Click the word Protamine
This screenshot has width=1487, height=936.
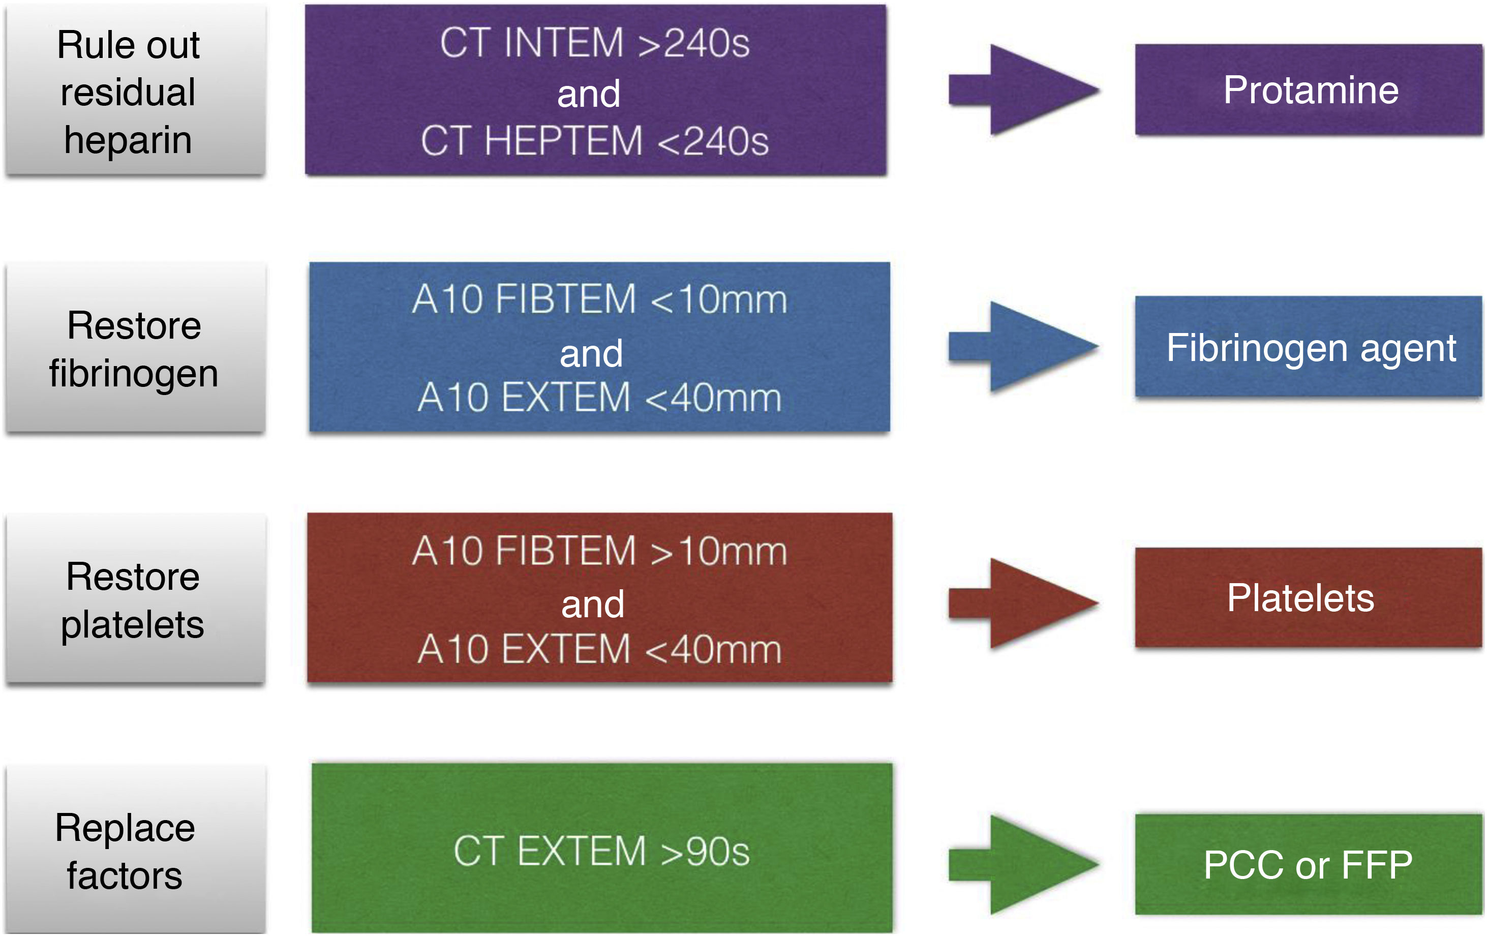(1311, 90)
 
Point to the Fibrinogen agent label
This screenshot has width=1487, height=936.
(1311, 348)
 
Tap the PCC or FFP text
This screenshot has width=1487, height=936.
(1308, 864)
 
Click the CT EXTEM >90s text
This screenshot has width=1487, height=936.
(601, 851)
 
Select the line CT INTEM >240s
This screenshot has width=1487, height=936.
(595, 43)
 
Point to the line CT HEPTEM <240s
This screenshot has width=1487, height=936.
(595, 141)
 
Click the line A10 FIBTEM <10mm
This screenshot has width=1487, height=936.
(599, 299)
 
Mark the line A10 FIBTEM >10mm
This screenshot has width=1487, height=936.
(599, 551)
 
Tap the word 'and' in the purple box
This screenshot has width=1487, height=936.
(589, 94)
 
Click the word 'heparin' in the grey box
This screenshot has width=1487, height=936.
(128, 140)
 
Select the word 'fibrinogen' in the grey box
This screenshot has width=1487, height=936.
(133, 374)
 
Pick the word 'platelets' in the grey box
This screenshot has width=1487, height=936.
(132, 625)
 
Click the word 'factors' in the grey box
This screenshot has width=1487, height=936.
(125, 875)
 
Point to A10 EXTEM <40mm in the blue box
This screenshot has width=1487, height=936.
(599, 397)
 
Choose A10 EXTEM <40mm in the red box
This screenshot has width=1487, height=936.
(599, 650)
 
